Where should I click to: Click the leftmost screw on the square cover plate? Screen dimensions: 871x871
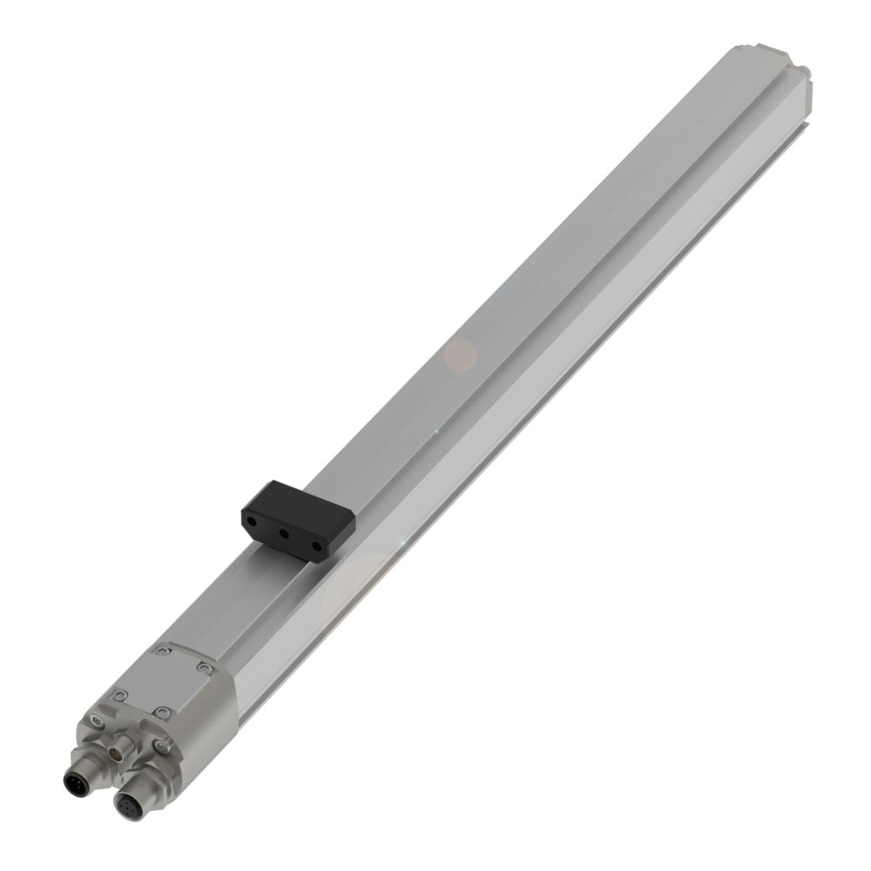coord(119,693)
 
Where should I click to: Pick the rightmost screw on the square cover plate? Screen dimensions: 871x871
coord(204,668)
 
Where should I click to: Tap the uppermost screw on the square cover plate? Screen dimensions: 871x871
coord(162,650)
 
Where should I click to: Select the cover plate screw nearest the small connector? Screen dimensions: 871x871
coord(160,712)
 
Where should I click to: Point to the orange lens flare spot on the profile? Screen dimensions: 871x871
coord(461,354)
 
